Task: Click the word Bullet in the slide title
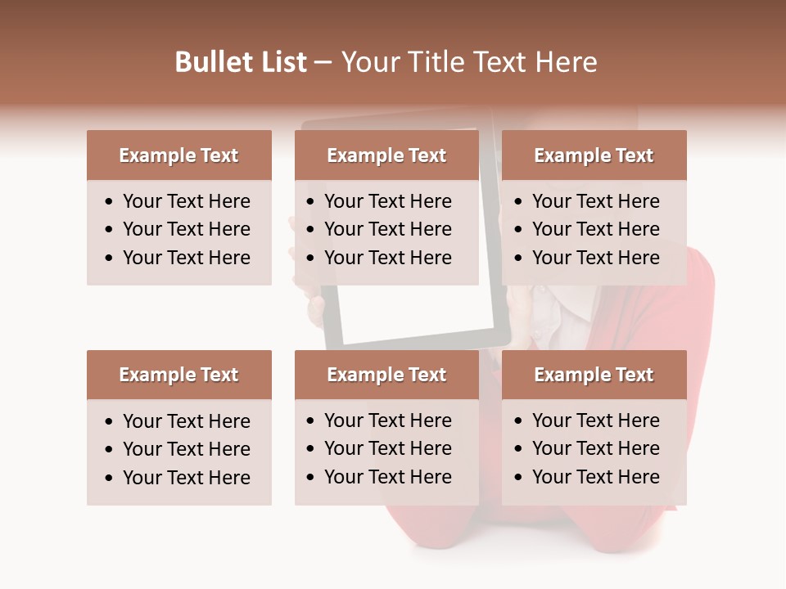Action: (x=209, y=62)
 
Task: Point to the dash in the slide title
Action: (x=323, y=62)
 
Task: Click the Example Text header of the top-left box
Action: (x=178, y=155)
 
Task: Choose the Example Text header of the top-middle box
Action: (x=386, y=155)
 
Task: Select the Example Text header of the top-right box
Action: (x=594, y=155)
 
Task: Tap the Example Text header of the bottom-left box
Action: (x=178, y=375)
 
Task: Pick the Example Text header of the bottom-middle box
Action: (x=386, y=375)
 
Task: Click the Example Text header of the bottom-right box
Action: (x=594, y=375)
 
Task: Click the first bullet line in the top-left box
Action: (x=186, y=201)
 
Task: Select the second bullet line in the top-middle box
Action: (x=387, y=229)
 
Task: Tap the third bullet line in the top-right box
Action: (x=595, y=258)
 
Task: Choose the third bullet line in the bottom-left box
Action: (x=186, y=478)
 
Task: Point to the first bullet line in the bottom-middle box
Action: (x=387, y=420)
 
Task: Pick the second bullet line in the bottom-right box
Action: (x=595, y=448)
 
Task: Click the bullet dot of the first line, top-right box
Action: (x=519, y=202)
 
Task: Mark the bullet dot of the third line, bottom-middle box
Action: (x=311, y=478)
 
